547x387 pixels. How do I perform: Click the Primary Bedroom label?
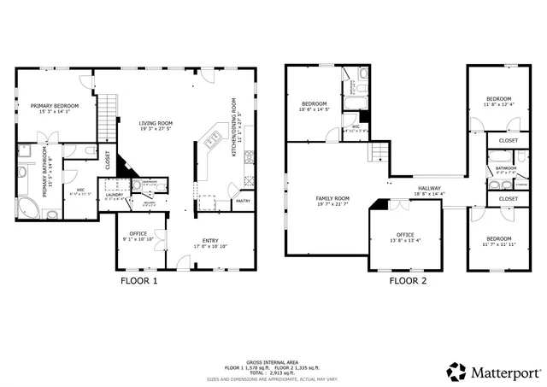[53, 105]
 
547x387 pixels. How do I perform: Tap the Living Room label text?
[155, 124]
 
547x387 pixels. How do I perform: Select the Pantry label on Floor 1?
[243, 201]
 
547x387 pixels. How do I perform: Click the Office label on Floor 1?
[138, 233]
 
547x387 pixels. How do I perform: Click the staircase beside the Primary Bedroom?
[107, 120]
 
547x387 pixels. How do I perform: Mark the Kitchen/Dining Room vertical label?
[233, 127]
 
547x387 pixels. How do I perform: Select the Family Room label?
[332, 197]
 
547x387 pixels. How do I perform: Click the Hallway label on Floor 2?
[429, 189]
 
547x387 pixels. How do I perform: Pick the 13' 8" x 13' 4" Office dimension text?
[404, 240]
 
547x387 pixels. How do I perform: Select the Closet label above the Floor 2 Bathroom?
[508, 140]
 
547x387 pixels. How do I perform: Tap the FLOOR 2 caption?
[409, 279]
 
